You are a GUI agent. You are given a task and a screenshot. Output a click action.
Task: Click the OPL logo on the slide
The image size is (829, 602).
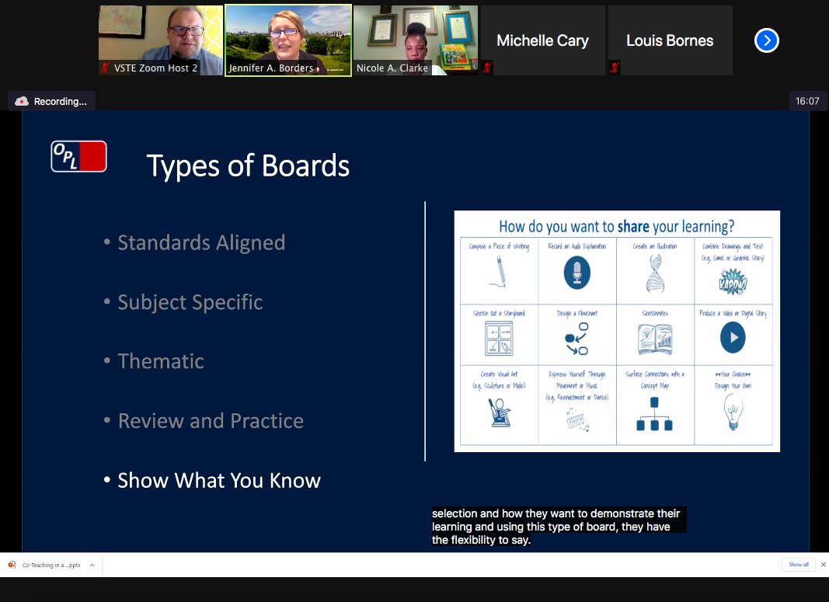click(78, 156)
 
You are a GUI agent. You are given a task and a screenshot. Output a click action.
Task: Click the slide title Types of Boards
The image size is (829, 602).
click(248, 166)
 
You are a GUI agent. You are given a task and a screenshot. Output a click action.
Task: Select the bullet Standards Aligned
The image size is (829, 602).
click(200, 242)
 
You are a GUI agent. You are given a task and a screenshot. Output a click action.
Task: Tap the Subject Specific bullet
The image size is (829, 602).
click(190, 302)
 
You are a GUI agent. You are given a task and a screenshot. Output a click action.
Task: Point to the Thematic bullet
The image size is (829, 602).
click(160, 361)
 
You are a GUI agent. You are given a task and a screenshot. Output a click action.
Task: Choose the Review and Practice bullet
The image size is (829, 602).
click(210, 421)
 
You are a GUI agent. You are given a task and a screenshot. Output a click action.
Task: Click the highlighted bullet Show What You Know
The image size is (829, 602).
click(218, 481)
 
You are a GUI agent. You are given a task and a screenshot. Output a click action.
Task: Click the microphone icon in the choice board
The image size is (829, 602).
click(576, 273)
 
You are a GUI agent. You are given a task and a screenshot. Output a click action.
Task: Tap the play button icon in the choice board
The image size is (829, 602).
click(732, 337)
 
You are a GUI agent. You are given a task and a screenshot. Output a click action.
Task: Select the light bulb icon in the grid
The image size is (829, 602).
click(733, 412)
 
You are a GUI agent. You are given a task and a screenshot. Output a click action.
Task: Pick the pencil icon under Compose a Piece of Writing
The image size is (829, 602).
click(498, 273)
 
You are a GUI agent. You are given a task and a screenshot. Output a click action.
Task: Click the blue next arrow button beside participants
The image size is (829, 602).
click(766, 40)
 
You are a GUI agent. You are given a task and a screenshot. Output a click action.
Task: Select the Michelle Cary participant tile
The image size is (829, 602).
click(542, 40)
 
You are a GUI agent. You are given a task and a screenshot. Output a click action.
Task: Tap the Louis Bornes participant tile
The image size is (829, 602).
click(670, 40)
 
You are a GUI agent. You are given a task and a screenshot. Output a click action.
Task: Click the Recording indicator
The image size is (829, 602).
click(52, 101)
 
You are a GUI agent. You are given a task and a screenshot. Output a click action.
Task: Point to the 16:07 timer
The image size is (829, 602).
click(807, 101)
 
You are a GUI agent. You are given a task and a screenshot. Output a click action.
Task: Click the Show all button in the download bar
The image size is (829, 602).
click(798, 565)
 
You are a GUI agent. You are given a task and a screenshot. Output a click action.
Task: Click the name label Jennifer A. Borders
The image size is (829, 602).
click(270, 68)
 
